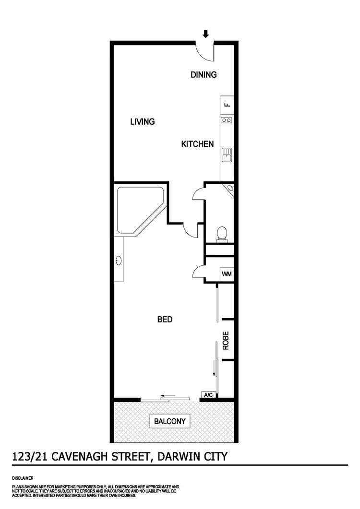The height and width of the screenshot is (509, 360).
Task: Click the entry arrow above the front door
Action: pyautogui.click(x=206, y=34)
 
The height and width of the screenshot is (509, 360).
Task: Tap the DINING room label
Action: pyautogui.click(x=204, y=75)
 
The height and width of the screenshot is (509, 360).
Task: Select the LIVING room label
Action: pyautogui.click(x=143, y=122)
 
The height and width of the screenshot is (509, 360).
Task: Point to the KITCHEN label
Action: pyautogui.click(x=197, y=144)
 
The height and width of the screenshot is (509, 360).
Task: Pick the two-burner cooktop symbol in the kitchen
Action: pyautogui.click(x=227, y=120)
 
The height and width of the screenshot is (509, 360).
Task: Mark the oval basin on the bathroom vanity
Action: pyautogui.click(x=119, y=261)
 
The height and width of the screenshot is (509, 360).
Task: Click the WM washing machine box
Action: pyautogui.click(x=227, y=274)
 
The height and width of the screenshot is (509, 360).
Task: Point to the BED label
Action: pyautogui.click(x=165, y=320)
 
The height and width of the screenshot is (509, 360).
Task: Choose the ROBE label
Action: pyautogui.click(x=226, y=341)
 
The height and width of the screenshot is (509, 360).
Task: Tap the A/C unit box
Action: pyautogui.click(x=209, y=395)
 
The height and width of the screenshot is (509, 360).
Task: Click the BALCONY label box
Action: pyautogui.click(x=169, y=422)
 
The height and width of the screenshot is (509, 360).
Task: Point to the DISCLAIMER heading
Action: pyautogui.click(x=23, y=478)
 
